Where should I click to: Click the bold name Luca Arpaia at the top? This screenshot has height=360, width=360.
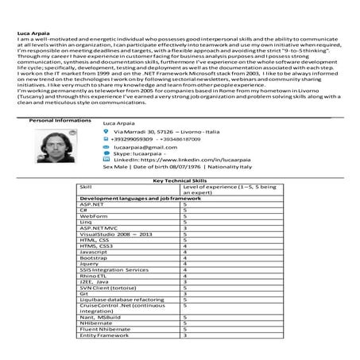tap(29, 32)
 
